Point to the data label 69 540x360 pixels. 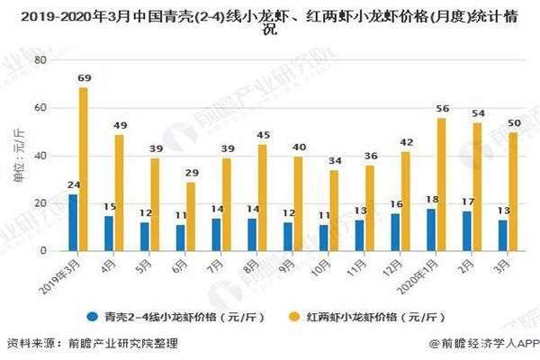coord(84,79)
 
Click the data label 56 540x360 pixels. coord(442,110)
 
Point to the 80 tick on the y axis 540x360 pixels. coord(39,59)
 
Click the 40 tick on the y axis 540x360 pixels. coord(39,156)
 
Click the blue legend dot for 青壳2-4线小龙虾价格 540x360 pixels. coord(92,318)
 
